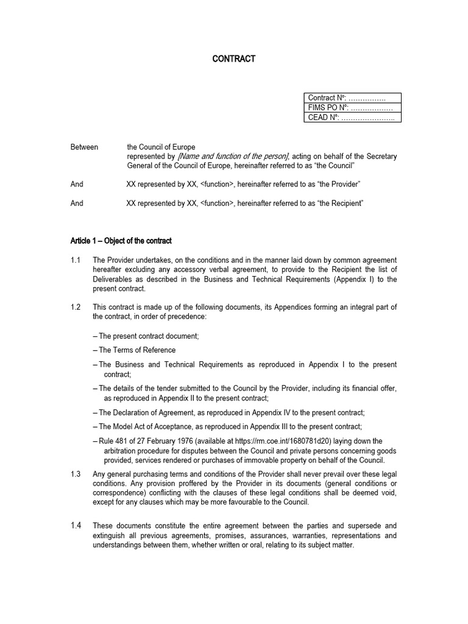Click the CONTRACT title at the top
(233, 59)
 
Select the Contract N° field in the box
(352, 97)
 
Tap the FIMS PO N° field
(352, 108)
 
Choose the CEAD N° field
(352, 118)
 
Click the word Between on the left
(84, 147)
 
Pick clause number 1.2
(76, 307)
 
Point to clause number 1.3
(76, 473)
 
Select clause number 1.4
(76, 525)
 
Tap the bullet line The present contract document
(146, 336)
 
